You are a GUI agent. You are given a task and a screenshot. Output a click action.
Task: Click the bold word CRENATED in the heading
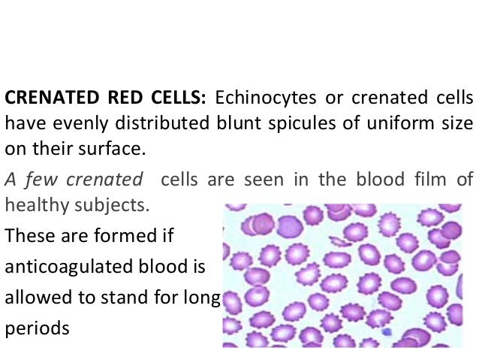coord(46,98)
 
